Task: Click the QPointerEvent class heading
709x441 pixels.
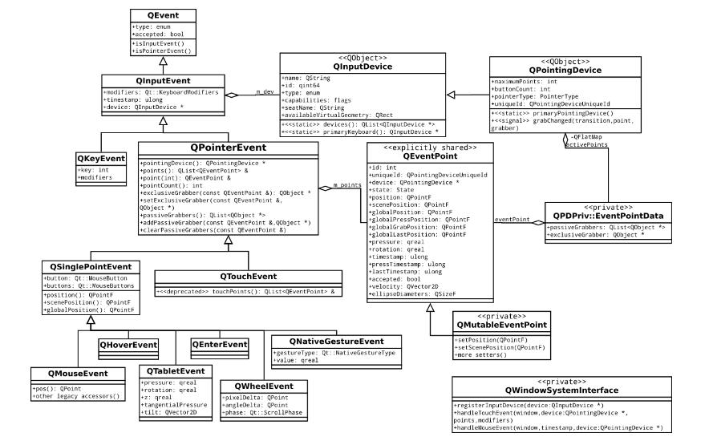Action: pyautogui.click(x=229, y=148)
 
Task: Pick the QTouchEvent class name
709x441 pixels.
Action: pyautogui.click(x=248, y=276)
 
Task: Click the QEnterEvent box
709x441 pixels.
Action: pyautogui.click(x=218, y=345)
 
